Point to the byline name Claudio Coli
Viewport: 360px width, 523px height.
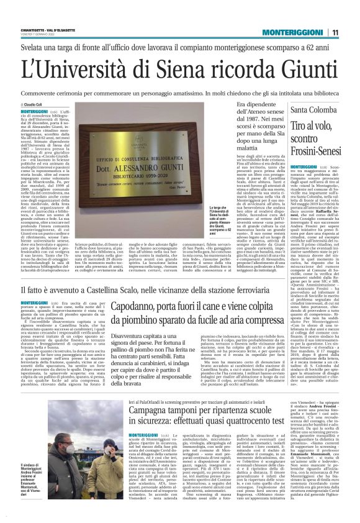34,106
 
